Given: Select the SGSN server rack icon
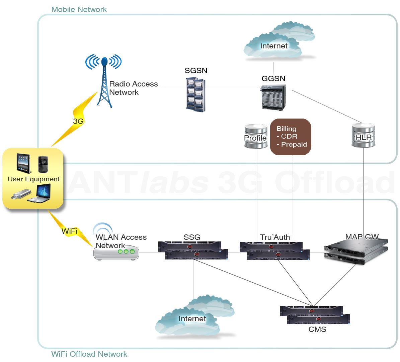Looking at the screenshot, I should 195,94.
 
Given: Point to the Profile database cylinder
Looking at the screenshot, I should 256,137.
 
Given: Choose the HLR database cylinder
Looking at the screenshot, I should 364,136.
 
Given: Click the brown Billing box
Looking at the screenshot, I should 291,137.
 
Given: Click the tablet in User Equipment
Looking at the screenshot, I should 23,163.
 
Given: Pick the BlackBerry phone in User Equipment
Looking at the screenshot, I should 43,164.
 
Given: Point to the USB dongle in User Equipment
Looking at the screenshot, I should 21,194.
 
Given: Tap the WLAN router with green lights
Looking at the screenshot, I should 116,252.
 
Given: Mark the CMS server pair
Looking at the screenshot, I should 315,315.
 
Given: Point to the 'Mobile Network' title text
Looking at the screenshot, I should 79,9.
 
